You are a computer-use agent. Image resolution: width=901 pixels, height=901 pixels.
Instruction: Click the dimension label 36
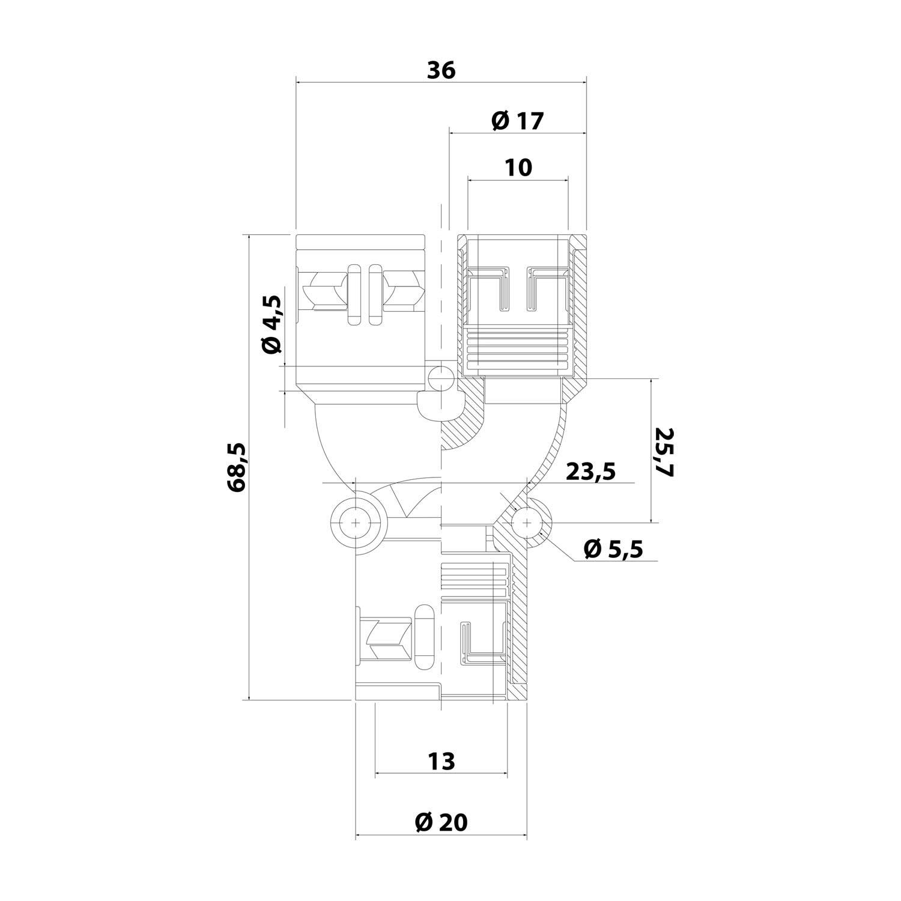[x=441, y=71]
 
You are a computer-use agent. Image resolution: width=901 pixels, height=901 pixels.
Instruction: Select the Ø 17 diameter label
[x=517, y=121]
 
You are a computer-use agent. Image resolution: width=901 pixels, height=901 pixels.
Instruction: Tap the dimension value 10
[x=518, y=168]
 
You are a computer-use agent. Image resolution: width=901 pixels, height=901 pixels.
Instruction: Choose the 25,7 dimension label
[x=665, y=452]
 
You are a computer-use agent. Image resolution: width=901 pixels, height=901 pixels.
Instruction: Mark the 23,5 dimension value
[x=591, y=472]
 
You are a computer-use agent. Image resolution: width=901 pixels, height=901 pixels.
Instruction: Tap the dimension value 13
[x=441, y=762]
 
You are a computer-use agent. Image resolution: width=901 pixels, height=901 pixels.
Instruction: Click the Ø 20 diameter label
[x=441, y=822]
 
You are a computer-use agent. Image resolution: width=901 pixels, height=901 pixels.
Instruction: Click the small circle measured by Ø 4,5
[x=441, y=378]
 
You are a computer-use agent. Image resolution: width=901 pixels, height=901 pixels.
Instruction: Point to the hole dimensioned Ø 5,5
[x=527, y=523]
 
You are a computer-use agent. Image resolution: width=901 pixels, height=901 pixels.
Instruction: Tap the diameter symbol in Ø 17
[x=500, y=121]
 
